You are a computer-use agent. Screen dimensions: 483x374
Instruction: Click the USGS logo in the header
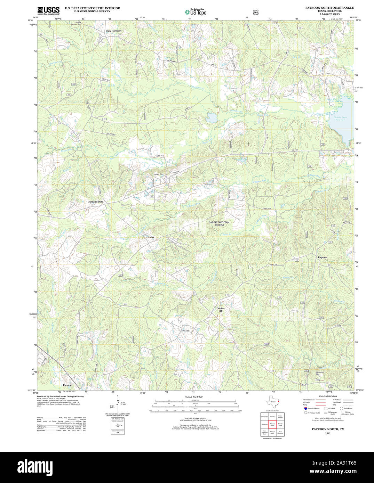pos(48,10)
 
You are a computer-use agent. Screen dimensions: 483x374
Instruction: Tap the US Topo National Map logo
pos(196,12)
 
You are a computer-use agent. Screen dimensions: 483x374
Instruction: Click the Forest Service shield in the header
pos(256,12)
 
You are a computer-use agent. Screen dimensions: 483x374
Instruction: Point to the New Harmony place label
pos(114,31)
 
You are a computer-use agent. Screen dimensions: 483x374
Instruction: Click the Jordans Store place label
pos(96,202)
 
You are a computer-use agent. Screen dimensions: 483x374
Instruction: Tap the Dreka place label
pos(151,237)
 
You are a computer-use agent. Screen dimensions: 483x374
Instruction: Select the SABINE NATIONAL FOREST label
pos(219,223)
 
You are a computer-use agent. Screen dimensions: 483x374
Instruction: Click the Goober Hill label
pos(221,310)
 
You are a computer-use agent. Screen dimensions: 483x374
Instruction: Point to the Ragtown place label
pos(323,257)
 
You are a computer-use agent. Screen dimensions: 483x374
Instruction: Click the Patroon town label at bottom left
pos(67,385)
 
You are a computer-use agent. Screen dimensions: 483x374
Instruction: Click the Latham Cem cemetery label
pos(159,174)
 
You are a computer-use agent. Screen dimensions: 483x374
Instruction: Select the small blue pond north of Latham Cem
pos(211,118)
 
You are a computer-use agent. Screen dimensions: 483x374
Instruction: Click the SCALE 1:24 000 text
pos(194,396)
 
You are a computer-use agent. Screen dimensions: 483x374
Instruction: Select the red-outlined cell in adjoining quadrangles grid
pos(272,424)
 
